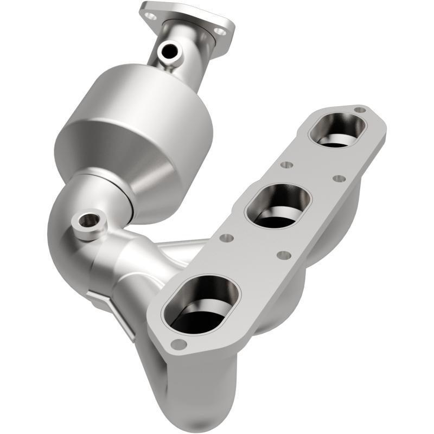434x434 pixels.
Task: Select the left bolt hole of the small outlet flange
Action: point(151,16)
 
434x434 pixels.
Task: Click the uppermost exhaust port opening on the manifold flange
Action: point(337,131)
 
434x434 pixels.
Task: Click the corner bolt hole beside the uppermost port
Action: point(359,110)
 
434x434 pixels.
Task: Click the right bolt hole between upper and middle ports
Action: point(339,178)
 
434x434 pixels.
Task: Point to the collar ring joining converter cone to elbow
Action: point(108,187)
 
